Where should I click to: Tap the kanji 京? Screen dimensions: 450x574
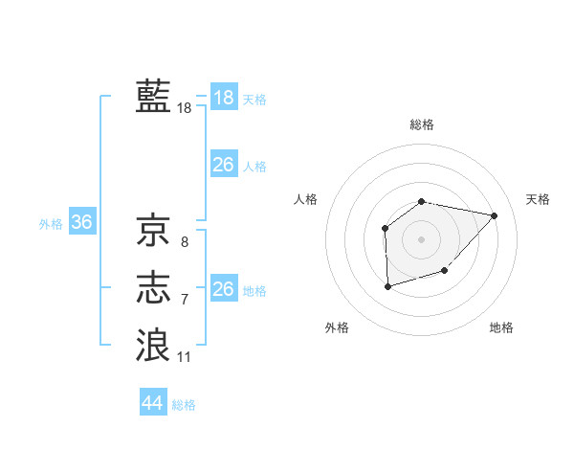(153, 230)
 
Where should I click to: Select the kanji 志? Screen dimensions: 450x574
(153, 288)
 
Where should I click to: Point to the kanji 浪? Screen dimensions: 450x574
(153, 345)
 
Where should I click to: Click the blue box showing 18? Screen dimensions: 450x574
(224, 98)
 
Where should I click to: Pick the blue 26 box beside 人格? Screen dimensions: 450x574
(224, 165)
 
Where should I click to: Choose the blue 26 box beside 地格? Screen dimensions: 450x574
(224, 289)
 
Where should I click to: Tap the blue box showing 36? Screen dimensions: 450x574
(82, 223)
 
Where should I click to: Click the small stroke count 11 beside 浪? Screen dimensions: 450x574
(185, 357)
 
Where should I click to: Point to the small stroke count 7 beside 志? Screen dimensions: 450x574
(185, 300)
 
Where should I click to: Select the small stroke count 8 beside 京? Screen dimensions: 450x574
(185, 242)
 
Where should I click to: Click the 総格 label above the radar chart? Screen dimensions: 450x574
(422, 124)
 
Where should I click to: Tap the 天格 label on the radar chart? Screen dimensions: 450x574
(539, 199)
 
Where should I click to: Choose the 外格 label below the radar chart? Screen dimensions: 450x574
(337, 327)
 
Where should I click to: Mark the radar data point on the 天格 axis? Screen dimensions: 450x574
(495, 215)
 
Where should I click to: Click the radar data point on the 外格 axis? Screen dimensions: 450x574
(387, 286)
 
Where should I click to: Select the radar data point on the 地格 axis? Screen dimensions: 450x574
(445, 272)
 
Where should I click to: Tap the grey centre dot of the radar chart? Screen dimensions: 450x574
(422, 238)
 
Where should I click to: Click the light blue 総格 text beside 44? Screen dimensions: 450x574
(184, 405)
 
